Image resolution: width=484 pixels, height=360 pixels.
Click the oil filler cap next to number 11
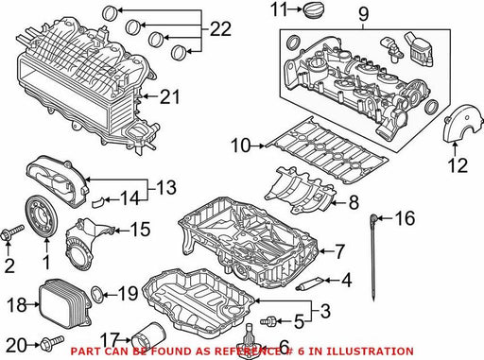point(314,9)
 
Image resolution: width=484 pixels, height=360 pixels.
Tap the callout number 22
point(220,29)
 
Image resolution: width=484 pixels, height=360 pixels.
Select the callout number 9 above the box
point(363,13)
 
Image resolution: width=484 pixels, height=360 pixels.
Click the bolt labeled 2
point(12,232)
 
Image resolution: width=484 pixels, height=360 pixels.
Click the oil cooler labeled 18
point(65,302)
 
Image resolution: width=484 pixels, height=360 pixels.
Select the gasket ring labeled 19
point(96,294)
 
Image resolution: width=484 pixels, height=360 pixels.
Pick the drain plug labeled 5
point(268,321)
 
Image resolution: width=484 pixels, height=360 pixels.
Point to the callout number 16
point(405,218)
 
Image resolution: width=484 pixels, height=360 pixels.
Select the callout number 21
point(170,96)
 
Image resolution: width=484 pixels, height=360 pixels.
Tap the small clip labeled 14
point(98,202)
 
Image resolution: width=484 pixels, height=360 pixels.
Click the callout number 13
point(166,187)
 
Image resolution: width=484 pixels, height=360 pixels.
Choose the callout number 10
point(241,146)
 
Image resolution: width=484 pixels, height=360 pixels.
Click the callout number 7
point(339,251)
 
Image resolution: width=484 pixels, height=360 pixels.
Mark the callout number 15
point(141,230)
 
